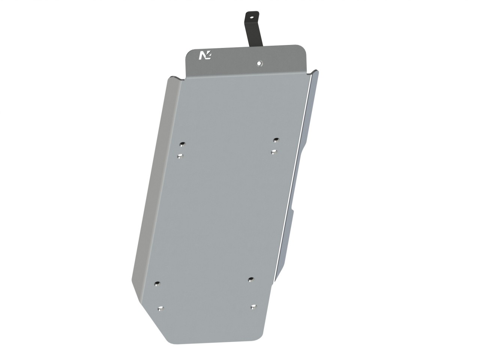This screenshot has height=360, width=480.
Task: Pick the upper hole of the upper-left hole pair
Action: pyautogui.click(x=182, y=144)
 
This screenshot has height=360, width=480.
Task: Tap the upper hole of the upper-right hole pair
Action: pyautogui.click(x=276, y=140)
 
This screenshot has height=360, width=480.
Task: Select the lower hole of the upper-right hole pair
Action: pyautogui.click(x=274, y=151)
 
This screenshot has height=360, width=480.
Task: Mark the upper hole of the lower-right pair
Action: pyautogui.click(x=251, y=279)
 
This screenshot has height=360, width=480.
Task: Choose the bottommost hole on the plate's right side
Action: pyautogui.click(x=253, y=307)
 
